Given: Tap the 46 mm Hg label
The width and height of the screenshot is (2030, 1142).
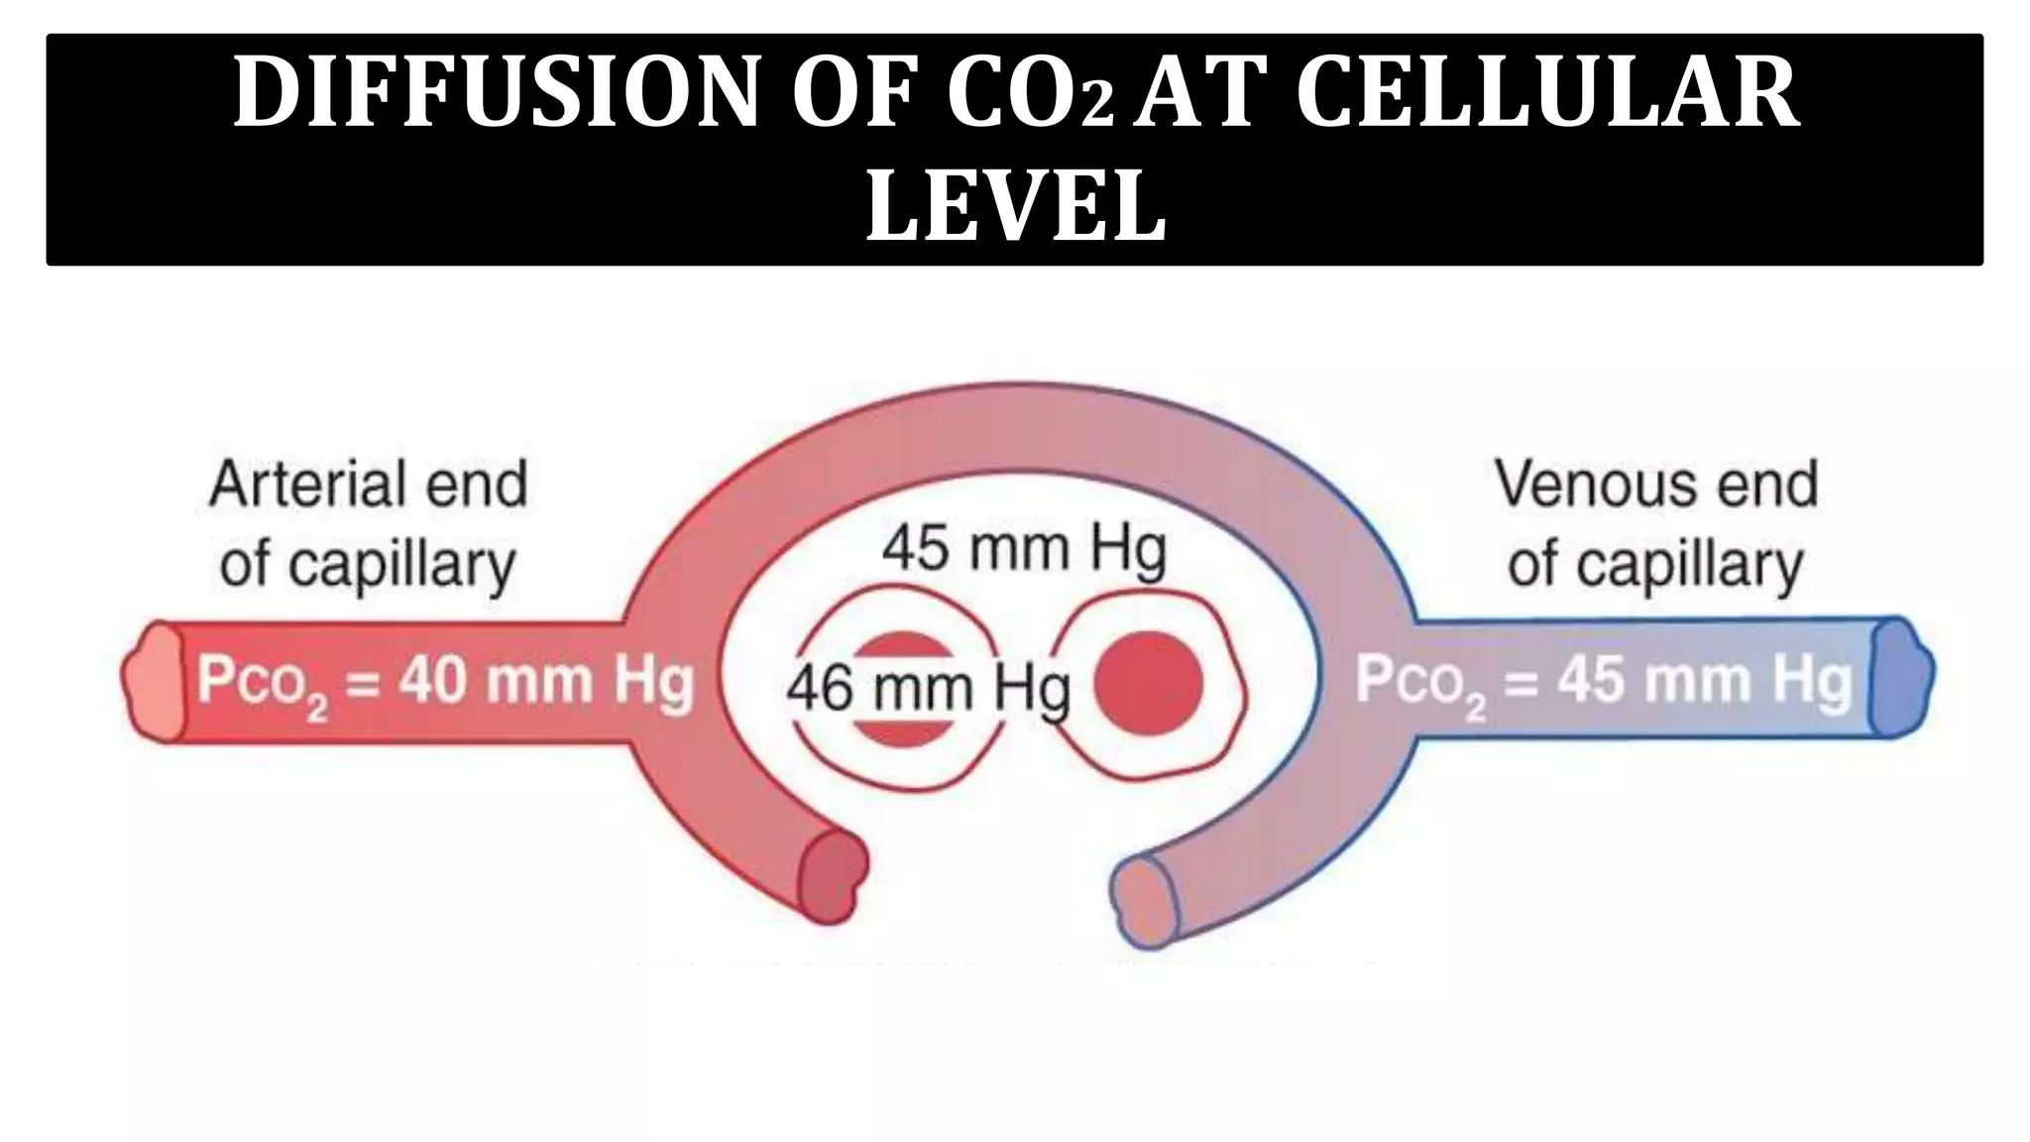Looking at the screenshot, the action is pos(928,687).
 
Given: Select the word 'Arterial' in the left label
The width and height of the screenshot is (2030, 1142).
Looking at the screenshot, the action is pos(298,485).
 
